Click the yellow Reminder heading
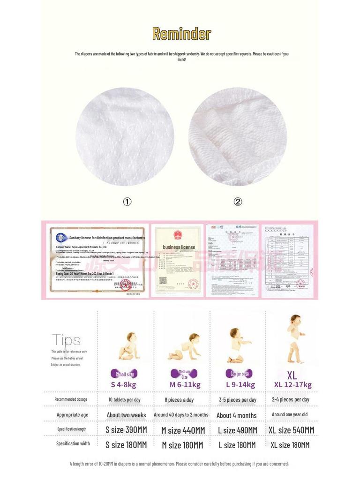pyautogui.click(x=181, y=34)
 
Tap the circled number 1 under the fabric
pyautogui.click(x=127, y=202)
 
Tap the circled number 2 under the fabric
pyautogui.click(x=238, y=202)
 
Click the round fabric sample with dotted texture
pyautogui.click(x=125, y=136)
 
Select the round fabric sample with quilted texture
pyautogui.click(x=237, y=136)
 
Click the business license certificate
pyautogui.click(x=179, y=260)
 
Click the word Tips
pyautogui.click(x=66, y=340)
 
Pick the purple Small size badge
pyautogui.click(x=124, y=374)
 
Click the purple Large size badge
pyautogui.click(x=239, y=374)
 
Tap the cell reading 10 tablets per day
pyautogui.click(x=124, y=400)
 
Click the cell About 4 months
pyautogui.click(x=237, y=415)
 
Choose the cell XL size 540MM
pyautogui.click(x=291, y=430)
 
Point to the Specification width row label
pyautogui.click(x=73, y=443)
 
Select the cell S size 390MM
pyautogui.click(x=126, y=430)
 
